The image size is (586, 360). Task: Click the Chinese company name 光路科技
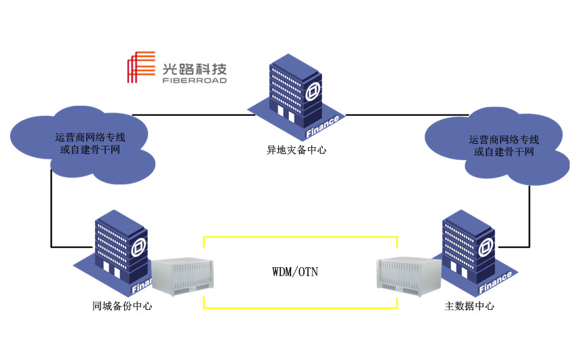[x=194, y=68]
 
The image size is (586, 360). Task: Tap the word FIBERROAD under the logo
[x=194, y=80]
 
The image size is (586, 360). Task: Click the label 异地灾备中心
[x=296, y=150]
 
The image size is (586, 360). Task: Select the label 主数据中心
[x=469, y=306]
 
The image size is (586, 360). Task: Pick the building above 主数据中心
[x=470, y=251]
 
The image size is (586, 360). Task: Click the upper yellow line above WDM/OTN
[x=298, y=237]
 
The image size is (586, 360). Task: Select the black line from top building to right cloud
[x=387, y=115]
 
